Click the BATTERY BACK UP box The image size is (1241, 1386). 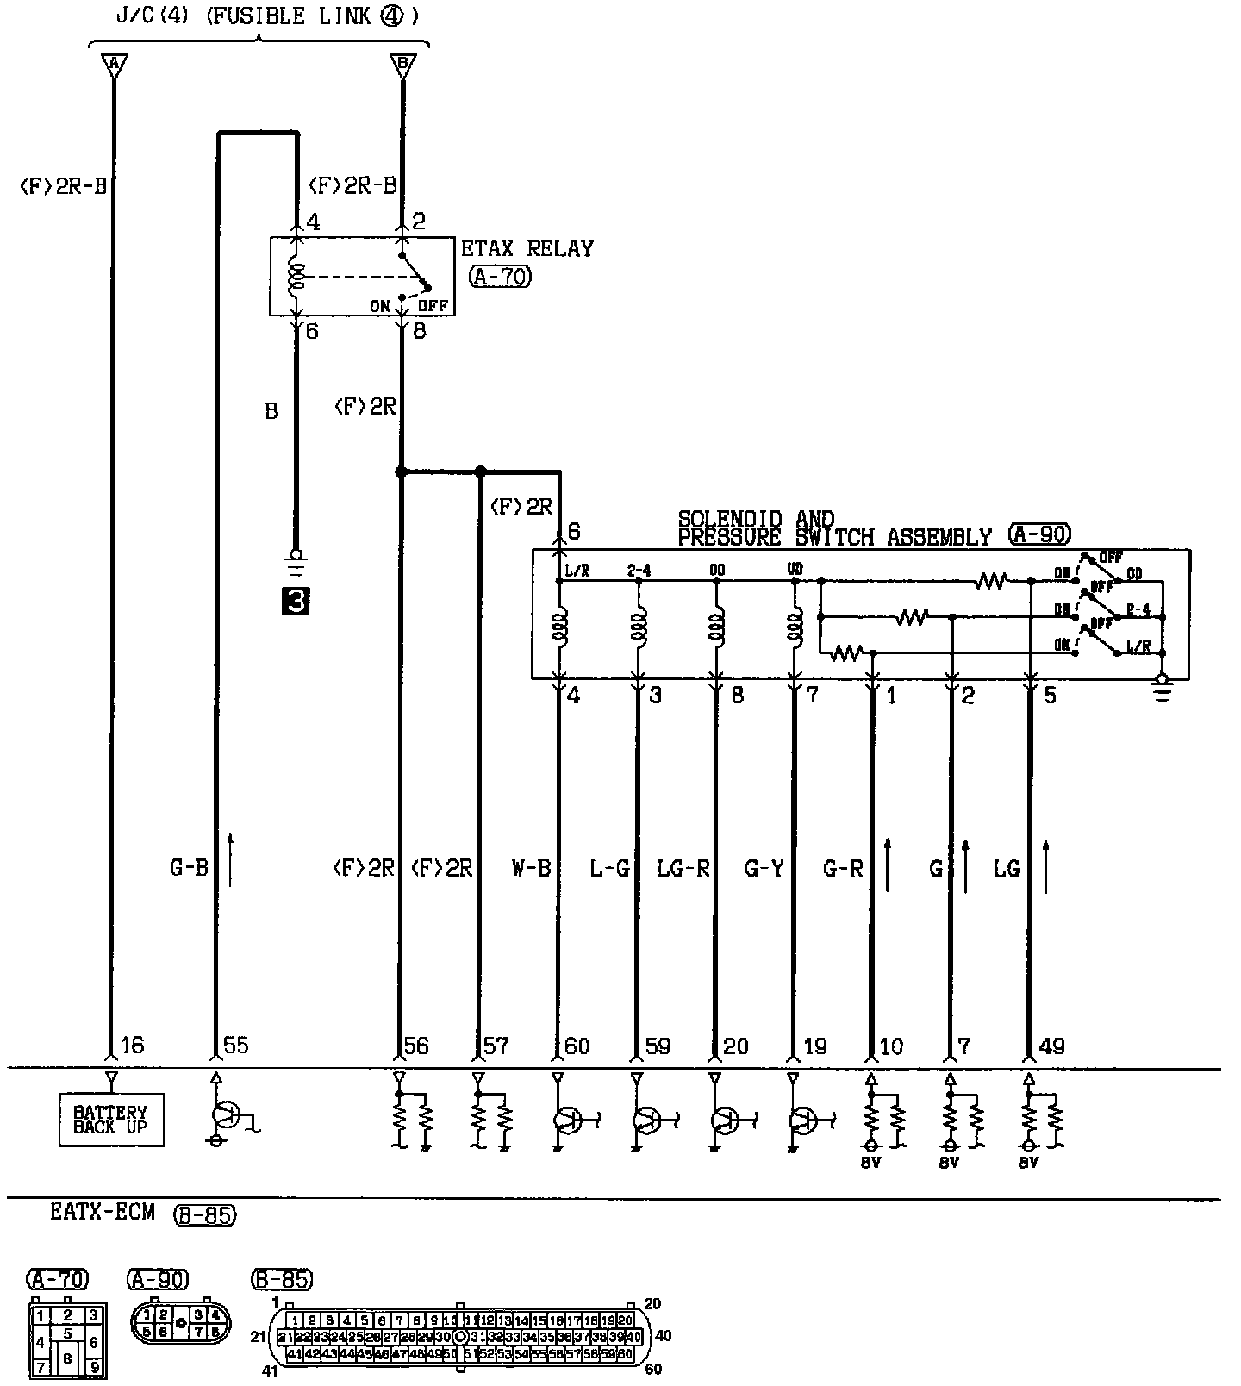pyautogui.click(x=111, y=1119)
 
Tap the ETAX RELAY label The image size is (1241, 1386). pyautogui.click(x=527, y=249)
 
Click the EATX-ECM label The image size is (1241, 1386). pyautogui.click(x=103, y=1212)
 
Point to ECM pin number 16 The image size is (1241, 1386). pyautogui.click(x=133, y=1046)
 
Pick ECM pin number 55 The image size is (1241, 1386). pyautogui.click(x=235, y=1046)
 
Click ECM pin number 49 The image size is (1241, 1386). pyautogui.click(x=1052, y=1046)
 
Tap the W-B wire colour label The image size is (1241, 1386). pyautogui.click(x=531, y=868)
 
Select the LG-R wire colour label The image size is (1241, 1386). pyautogui.click(x=683, y=868)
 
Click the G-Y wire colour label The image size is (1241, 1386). pyautogui.click(x=764, y=868)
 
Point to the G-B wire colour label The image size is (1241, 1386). pyautogui.click(x=189, y=868)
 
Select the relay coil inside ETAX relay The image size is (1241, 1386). pyautogui.click(x=296, y=277)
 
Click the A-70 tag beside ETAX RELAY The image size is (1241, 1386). pyautogui.click(x=501, y=277)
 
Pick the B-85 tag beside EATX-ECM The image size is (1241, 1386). pyautogui.click(x=204, y=1214)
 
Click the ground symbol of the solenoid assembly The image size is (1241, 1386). pyautogui.click(x=1163, y=689)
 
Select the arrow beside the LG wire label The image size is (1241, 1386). pyautogui.click(x=1046, y=865)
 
